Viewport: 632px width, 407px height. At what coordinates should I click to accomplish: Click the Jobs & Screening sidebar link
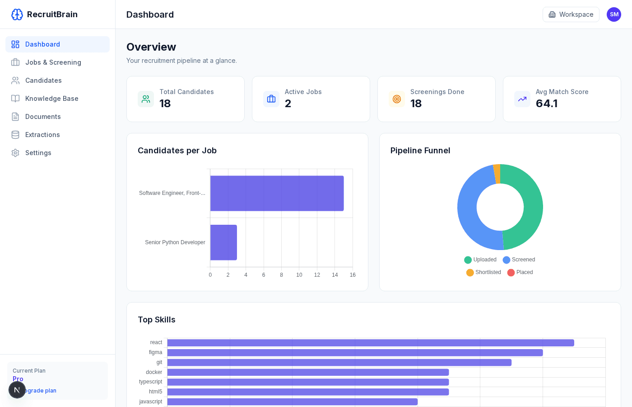[53, 62]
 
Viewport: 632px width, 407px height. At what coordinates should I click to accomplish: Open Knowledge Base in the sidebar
[51, 99]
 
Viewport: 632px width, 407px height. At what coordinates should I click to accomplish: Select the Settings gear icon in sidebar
[15, 153]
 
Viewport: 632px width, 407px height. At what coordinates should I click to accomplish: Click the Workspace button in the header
[571, 14]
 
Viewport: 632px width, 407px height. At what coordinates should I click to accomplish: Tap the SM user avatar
[613, 14]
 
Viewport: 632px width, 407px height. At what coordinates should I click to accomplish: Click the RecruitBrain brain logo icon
[17, 14]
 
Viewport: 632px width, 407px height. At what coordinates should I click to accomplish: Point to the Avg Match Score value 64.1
[546, 104]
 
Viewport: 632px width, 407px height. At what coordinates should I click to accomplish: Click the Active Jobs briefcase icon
[271, 99]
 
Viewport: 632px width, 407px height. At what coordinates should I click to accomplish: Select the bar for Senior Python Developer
[223, 242]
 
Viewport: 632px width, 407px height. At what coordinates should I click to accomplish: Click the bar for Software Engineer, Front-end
[277, 193]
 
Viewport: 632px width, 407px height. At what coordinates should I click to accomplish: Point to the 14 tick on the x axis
[335, 275]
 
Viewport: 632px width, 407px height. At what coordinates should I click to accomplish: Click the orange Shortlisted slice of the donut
[497, 174]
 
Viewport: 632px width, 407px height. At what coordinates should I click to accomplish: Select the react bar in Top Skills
[370, 343]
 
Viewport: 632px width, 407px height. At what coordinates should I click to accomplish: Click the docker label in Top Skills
[154, 372]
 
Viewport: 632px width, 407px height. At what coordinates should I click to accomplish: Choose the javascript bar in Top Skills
[292, 402]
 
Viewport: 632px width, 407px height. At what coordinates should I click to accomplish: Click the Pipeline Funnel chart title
[420, 151]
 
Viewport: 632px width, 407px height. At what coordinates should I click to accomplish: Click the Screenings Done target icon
[397, 99]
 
